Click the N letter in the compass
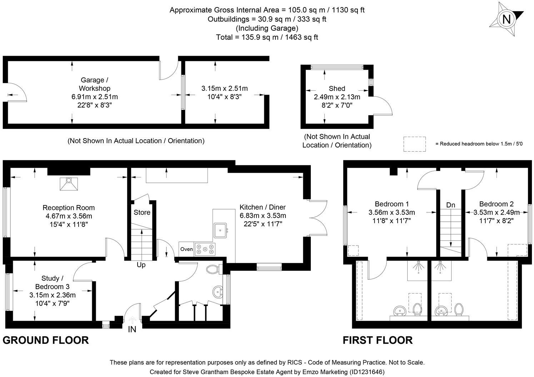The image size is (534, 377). pyautogui.click(x=506, y=19)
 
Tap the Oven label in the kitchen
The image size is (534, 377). pyautogui.click(x=186, y=249)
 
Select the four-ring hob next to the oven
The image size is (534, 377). pyautogui.click(x=205, y=249)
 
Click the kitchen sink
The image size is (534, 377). pyautogui.click(x=220, y=230)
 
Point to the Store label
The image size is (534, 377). pyautogui.click(x=142, y=212)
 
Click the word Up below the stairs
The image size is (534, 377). pyautogui.click(x=141, y=265)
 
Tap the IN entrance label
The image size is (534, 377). pyautogui.click(x=132, y=329)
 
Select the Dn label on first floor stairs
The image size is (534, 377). pyautogui.click(x=451, y=205)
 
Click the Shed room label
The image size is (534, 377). pyautogui.click(x=337, y=88)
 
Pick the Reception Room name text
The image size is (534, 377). pyautogui.click(x=69, y=207)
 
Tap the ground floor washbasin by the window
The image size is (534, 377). pyautogui.click(x=218, y=292)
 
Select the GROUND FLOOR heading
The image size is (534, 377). pyautogui.click(x=46, y=340)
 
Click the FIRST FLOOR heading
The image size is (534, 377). pyautogui.click(x=378, y=340)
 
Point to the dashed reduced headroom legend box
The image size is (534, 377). pyautogui.click(x=414, y=144)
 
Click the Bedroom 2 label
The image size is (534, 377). pyautogui.click(x=496, y=204)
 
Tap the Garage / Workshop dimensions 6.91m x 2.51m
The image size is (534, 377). pyautogui.click(x=95, y=96)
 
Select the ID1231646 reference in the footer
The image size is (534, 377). pyautogui.click(x=366, y=372)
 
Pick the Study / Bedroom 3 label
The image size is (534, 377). pyautogui.click(x=52, y=282)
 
